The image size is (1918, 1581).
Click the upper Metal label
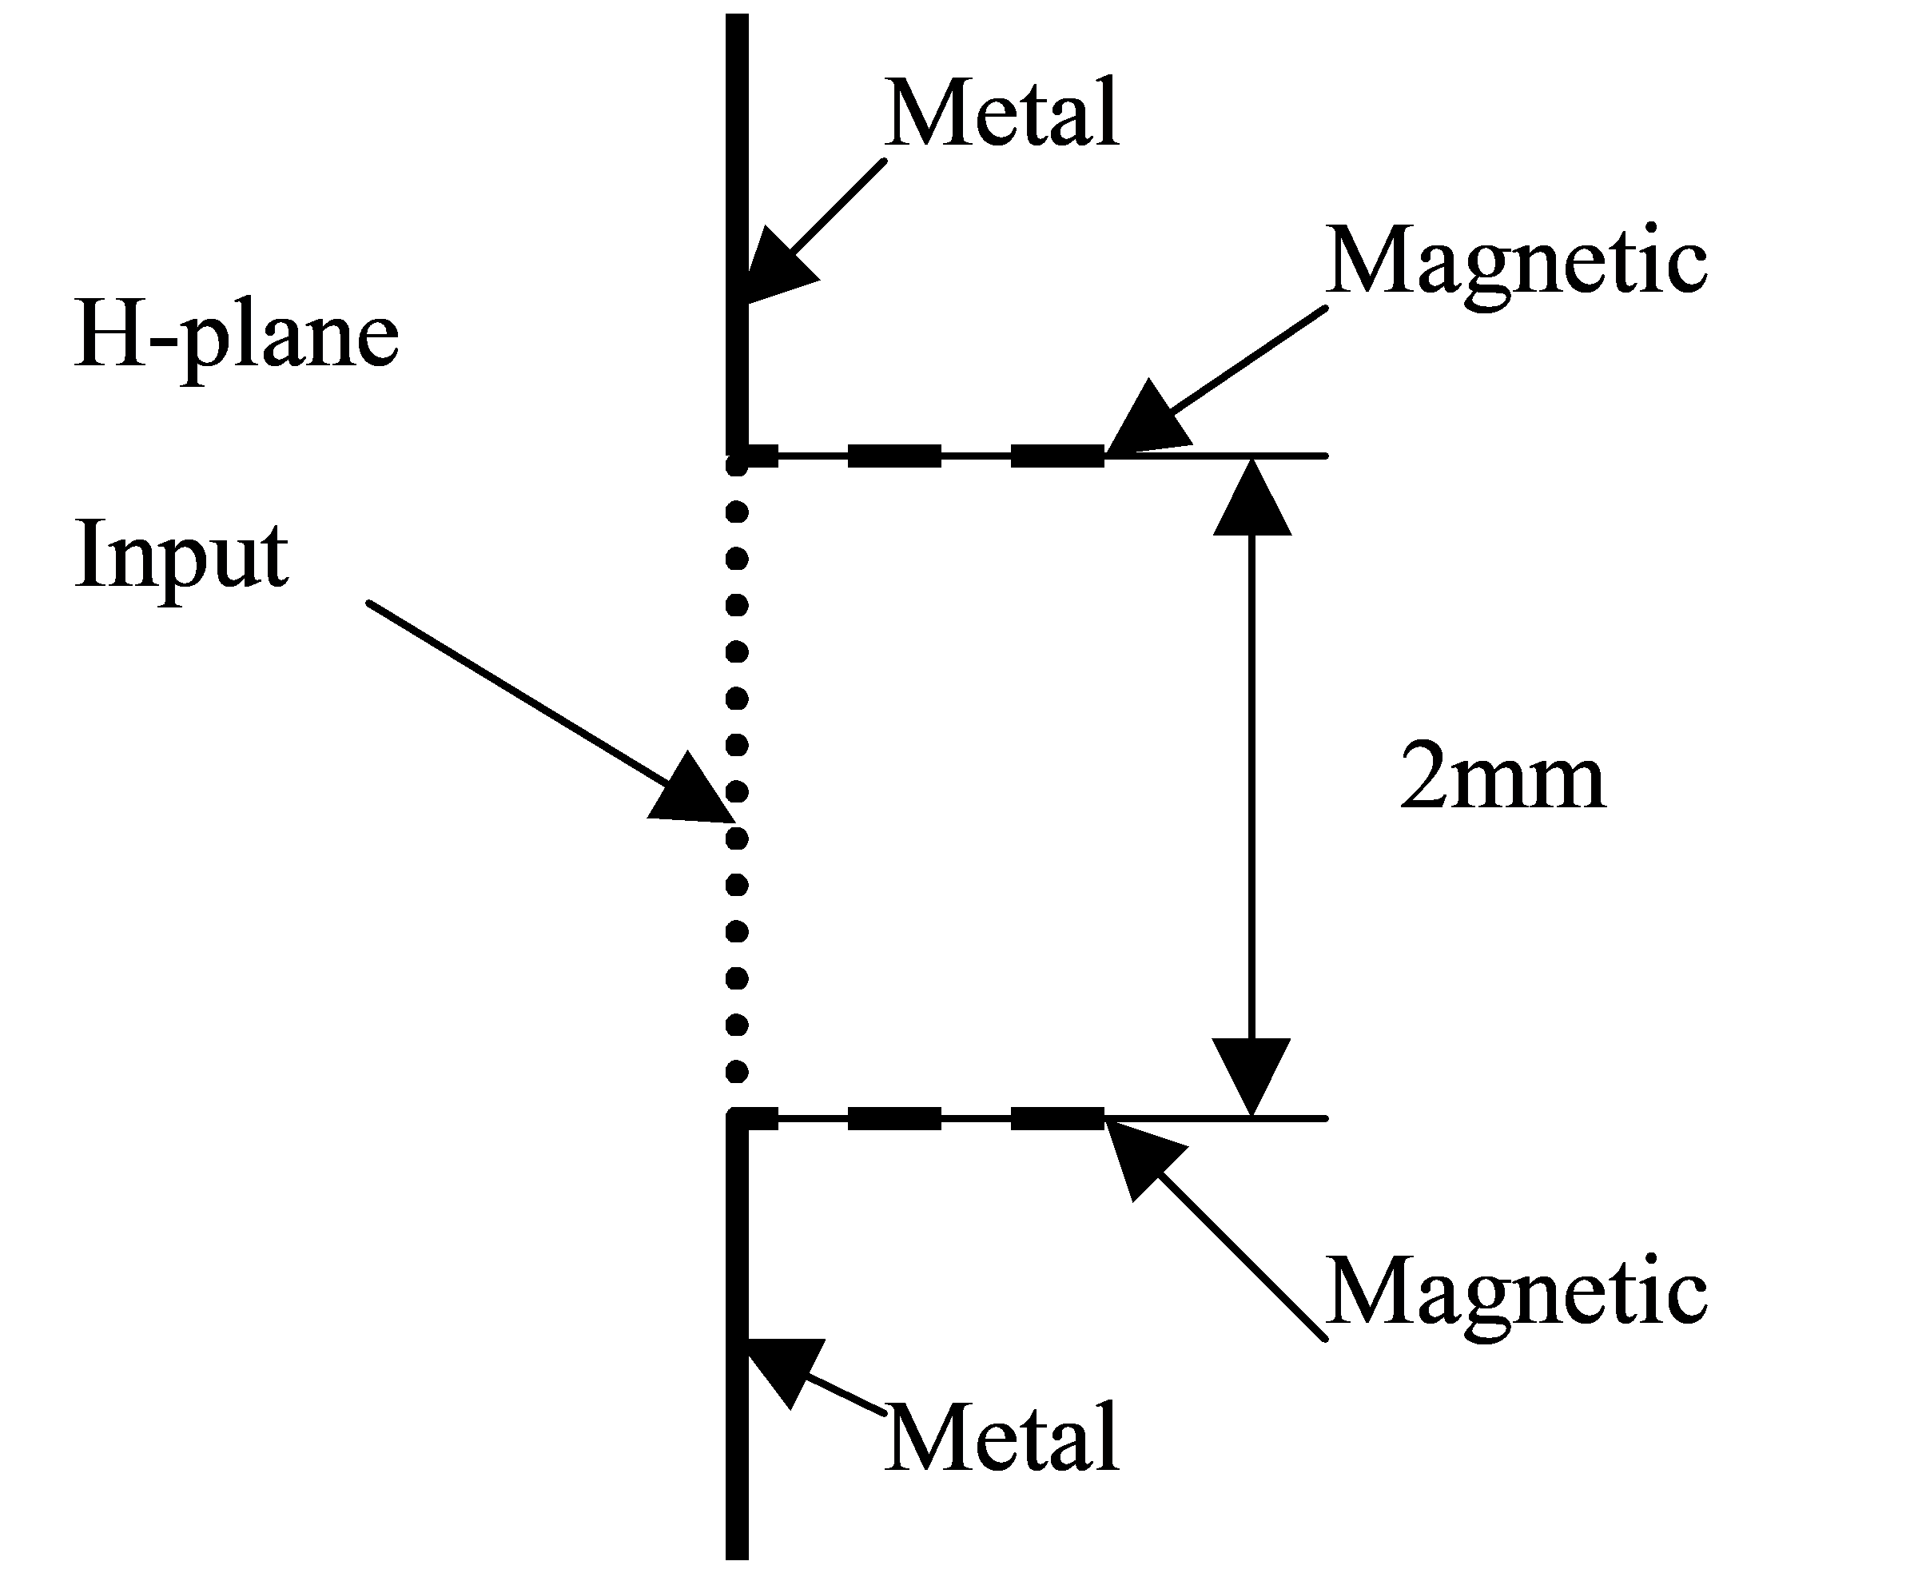[1002, 113]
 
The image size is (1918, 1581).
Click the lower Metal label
[1002, 1439]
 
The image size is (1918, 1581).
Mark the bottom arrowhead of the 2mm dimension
[1252, 1077]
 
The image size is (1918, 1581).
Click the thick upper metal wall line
[737, 233]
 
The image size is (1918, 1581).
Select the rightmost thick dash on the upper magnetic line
[1057, 456]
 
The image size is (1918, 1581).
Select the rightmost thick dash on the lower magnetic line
[1057, 1118]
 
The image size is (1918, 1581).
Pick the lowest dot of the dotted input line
[737, 1073]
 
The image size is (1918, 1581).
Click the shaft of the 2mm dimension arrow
[1252, 787]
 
